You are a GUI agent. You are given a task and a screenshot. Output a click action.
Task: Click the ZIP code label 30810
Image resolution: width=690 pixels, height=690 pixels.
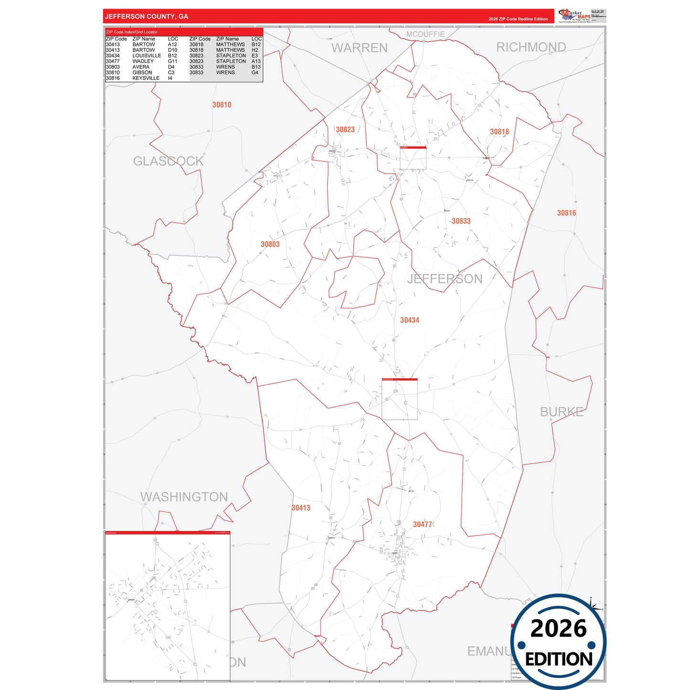click(x=222, y=105)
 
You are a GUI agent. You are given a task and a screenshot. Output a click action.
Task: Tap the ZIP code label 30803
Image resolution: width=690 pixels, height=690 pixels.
click(x=270, y=244)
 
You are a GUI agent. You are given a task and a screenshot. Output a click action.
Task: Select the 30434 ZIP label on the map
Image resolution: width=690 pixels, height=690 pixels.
click(x=409, y=320)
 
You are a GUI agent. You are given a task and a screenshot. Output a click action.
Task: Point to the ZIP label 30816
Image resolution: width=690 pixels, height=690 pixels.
click(x=566, y=213)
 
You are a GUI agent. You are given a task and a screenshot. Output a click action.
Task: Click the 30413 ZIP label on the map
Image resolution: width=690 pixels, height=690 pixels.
click(x=301, y=508)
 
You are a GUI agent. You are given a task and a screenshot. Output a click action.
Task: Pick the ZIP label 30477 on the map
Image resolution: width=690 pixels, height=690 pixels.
click(x=422, y=524)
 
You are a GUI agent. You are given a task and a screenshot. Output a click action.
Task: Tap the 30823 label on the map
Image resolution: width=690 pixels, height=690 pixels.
click(x=345, y=129)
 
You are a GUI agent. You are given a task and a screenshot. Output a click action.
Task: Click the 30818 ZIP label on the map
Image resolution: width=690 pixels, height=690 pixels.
click(x=499, y=132)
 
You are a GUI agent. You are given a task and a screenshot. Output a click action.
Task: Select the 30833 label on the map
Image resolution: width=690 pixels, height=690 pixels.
click(x=461, y=221)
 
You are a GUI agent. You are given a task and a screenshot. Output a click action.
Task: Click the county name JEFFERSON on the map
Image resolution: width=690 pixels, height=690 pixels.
click(x=445, y=279)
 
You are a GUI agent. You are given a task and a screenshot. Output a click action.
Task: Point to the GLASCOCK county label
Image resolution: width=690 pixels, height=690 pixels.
click(x=168, y=161)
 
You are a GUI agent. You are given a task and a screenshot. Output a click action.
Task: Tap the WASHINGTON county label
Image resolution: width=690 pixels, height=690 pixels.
click(x=184, y=497)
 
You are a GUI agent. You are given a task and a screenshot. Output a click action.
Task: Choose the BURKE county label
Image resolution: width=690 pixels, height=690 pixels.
click(x=562, y=412)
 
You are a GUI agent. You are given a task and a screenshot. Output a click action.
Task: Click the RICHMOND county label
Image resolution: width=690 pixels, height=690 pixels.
click(x=531, y=47)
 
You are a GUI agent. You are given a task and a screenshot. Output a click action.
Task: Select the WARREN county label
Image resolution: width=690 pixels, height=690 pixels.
click(x=360, y=48)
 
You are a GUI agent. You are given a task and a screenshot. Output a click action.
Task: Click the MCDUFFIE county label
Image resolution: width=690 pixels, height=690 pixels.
click(x=425, y=34)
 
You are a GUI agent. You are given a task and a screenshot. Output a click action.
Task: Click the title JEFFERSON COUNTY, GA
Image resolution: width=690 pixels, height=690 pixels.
click(x=147, y=17)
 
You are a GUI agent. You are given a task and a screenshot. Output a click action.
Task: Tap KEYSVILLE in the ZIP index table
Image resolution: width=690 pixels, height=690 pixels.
click(x=146, y=78)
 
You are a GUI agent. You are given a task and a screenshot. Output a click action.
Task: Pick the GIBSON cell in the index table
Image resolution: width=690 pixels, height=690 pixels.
click(x=142, y=73)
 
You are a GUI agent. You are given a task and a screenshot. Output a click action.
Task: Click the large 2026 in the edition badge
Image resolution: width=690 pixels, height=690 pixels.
click(x=558, y=628)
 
